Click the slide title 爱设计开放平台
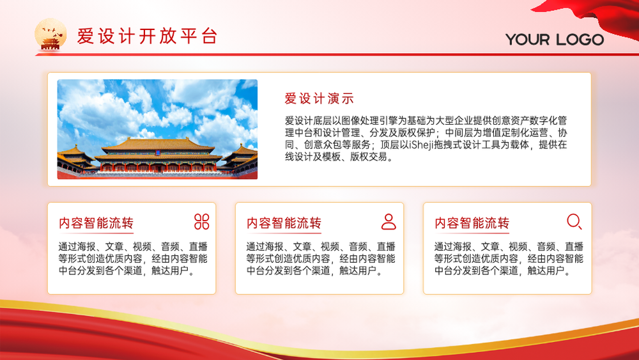point(147,36)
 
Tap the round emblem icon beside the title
point(50,35)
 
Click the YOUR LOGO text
point(555,40)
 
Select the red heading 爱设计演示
point(319,98)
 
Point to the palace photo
point(157,129)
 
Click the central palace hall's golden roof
point(158,146)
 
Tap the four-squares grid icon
point(202,222)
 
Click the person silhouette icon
point(389,222)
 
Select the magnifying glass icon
point(574,221)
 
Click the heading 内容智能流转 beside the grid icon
point(96,223)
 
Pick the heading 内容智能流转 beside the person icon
point(284,223)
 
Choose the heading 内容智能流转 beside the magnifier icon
point(472,223)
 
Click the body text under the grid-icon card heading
point(133,258)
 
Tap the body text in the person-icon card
point(321,258)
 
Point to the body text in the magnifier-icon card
point(509,258)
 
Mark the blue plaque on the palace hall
point(158,153)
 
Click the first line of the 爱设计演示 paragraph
point(426,121)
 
